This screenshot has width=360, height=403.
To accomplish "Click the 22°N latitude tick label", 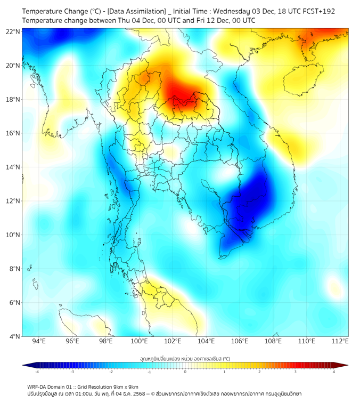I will point(14,31).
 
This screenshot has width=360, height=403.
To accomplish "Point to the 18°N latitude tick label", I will point(14,100).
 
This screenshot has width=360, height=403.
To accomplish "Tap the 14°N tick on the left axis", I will point(14,167).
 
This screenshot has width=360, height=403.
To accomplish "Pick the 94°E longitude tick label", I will point(39,341).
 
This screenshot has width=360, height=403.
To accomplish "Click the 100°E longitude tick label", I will point(140,341).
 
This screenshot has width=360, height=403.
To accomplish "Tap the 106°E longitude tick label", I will point(240,341).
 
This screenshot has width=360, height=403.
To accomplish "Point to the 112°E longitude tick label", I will point(341,341).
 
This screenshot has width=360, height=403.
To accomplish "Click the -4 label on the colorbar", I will point(36,371).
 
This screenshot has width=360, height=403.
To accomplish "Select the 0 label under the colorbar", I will point(185,371).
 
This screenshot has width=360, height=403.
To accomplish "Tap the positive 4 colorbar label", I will point(334,371).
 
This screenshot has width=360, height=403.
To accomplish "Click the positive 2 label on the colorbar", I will point(259,371).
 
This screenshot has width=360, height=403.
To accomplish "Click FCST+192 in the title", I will point(317,11).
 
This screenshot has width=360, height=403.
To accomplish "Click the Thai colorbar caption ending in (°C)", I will point(185,359).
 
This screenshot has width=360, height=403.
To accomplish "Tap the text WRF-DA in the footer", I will point(38,386).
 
